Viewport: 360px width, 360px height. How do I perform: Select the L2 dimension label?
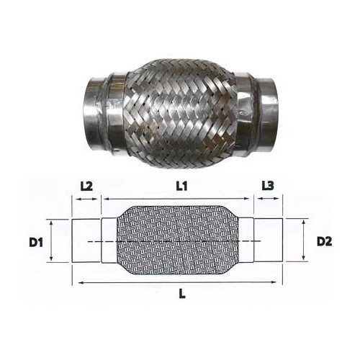[x=86, y=185]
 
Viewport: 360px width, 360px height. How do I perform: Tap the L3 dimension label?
[x=267, y=185]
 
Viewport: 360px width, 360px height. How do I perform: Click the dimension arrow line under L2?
[x=86, y=197]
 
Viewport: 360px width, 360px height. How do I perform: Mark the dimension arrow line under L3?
[x=268, y=197]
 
